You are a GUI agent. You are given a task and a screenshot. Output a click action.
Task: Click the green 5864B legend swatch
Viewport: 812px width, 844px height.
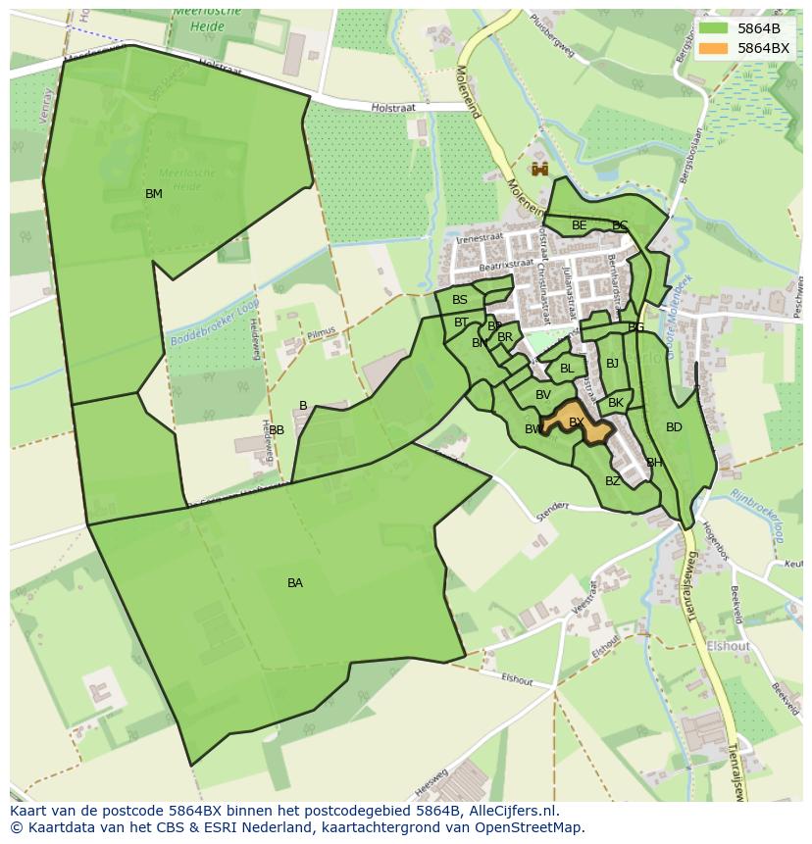[714, 28]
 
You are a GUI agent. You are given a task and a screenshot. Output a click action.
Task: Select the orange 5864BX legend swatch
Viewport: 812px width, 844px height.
[714, 47]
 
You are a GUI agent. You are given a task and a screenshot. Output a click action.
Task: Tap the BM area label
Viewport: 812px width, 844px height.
[154, 194]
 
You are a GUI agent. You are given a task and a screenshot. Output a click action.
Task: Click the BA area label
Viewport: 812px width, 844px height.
[295, 583]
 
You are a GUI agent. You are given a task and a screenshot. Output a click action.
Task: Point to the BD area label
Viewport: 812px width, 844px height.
[674, 427]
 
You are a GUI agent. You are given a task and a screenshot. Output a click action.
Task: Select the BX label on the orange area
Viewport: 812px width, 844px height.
[577, 422]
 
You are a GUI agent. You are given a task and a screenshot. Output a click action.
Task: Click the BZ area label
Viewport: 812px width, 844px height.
[613, 481]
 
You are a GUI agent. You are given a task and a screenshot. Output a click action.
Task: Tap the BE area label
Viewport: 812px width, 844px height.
[580, 225]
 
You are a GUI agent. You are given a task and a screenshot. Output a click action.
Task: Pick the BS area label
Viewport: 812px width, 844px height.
[460, 300]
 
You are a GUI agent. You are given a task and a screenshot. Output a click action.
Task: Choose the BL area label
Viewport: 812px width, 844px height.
[567, 369]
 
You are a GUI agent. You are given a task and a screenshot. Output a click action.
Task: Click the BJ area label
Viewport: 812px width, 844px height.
[613, 364]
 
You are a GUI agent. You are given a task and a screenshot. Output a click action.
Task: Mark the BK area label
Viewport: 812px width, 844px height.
[616, 403]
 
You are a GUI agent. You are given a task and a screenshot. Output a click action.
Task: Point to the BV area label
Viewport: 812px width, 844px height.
[543, 395]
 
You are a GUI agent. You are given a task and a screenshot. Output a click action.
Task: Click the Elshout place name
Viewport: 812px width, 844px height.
[728, 646]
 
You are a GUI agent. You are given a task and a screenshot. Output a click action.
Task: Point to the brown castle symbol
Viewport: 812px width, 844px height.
[538, 170]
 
